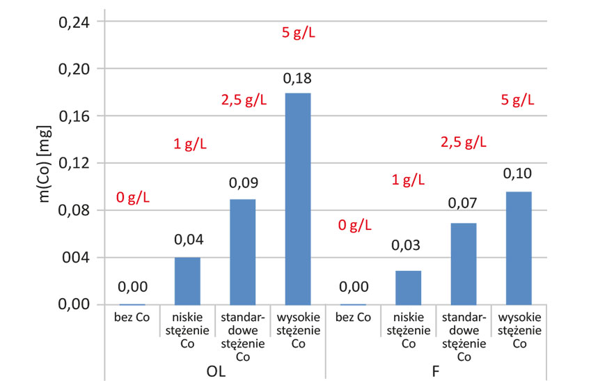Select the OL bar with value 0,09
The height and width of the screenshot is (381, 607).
tap(243, 251)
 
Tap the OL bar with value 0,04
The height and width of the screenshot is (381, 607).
tap(187, 281)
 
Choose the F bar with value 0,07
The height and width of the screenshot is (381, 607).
tap(464, 263)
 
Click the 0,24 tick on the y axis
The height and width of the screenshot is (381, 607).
tap(76, 22)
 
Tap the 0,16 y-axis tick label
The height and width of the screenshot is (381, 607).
tap(76, 116)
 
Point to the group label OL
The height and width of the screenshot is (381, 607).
tap(216, 371)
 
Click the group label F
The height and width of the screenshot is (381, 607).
tap(436, 371)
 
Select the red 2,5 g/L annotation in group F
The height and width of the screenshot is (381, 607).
tap(464, 143)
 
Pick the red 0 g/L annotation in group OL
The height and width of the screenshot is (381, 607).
tap(133, 197)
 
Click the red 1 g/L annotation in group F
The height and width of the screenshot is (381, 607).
tap(408, 180)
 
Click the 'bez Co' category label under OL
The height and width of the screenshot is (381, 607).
tap(132, 318)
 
